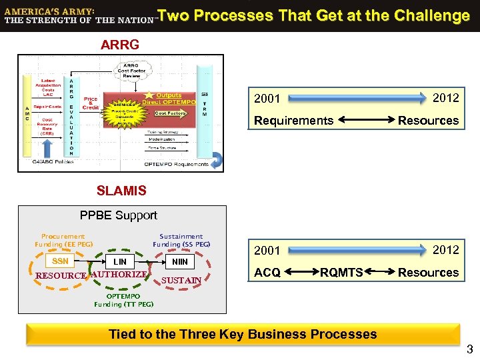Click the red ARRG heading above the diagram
pyautogui.click(x=120, y=45)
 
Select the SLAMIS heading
pyautogui.click(x=121, y=191)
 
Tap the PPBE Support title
pyautogui.click(x=119, y=215)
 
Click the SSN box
pyautogui.click(x=60, y=261)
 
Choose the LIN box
pyautogui.click(x=120, y=262)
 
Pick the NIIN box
pyautogui.click(x=180, y=262)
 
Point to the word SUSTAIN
pyautogui.click(x=181, y=280)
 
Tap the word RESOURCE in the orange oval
pyautogui.click(x=61, y=275)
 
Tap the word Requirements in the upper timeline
pyautogui.click(x=293, y=121)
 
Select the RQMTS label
pyautogui.click(x=341, y=272)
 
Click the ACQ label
pyautogui.click(x=267, y=272)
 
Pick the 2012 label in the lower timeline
pyautogui.click(x=445, y=250)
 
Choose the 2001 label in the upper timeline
pyautogui.click(x=267, y=99)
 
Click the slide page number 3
pyautogui.click(x=469, y=349)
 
